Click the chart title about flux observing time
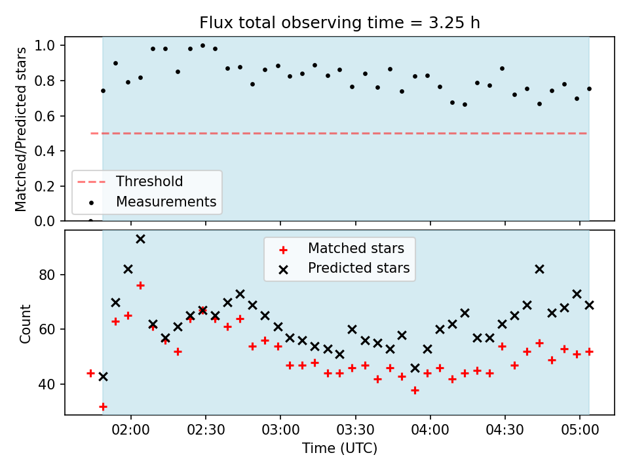click(339, 22)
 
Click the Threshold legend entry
click(130, 182)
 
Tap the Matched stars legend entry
click(342, 248)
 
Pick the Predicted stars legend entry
click(345, 268)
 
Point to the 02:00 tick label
click(130, 430)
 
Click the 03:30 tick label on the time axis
click(355, 430)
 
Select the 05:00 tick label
click(580, 430)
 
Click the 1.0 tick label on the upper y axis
click(45, 45)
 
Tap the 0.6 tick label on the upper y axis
click(45, 116)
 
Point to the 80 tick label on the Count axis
click(47, 275)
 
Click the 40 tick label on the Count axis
click(47, 384)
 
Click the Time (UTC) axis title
click(339, 448)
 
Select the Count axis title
click(25, 323)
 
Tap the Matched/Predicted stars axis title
click(20, 129)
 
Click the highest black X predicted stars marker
click(140, 239)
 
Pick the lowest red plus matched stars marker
click(103, 407)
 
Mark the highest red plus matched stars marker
click(140, 285)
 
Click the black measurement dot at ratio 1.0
click(202, 45)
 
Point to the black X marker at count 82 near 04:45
click(539, 269)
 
